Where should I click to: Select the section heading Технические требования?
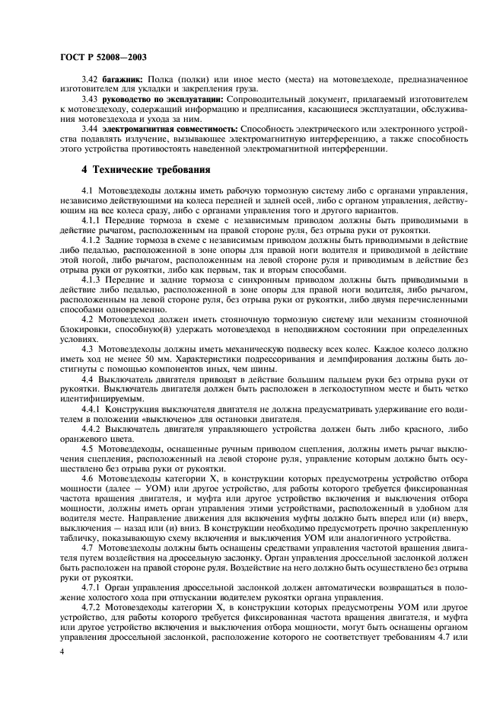[x=144, y=169]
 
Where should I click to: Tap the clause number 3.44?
[x=90, y=129]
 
